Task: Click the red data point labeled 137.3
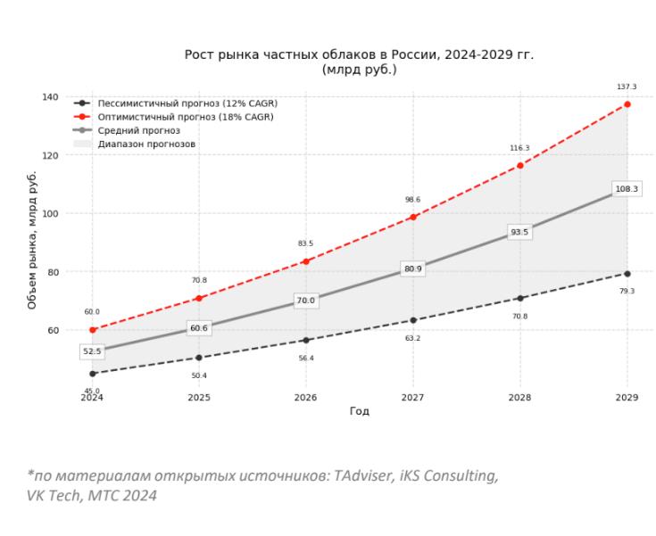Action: (x=627, y=104)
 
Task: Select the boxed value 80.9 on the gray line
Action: (x=412, y=268)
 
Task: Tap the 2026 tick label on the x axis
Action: (x=305, y=398)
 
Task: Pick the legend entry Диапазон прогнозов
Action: (x=146, y=144)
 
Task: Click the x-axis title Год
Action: (x=359, y=411)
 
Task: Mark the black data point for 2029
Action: (x=627, y=274)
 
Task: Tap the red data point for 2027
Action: (x=413, y=217)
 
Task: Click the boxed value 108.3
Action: (x=627, y=189)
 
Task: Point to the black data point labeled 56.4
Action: (x=305, y=340)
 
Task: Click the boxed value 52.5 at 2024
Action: (x=92, y=352)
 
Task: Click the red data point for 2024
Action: (x=92, y=330)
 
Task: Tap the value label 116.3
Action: (x=519, y=148)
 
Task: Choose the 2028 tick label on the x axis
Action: (x=519, y=398)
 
